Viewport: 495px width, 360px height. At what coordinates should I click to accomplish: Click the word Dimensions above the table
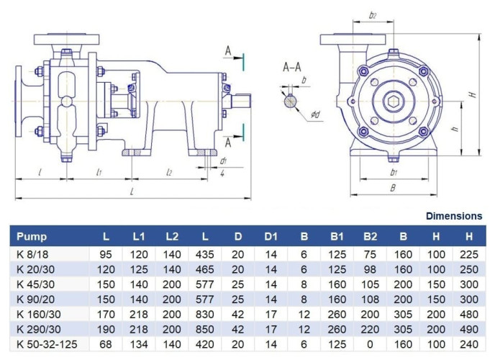(x=453, y=215)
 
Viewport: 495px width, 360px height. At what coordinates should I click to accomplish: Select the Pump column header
(x=32, y=235)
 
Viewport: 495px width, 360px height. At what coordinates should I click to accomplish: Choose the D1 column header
(x=271, y=235)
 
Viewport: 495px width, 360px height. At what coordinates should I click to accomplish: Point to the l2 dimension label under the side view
(x=170, y=173)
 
